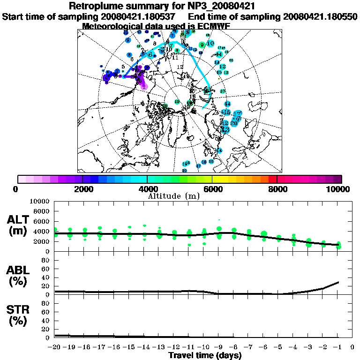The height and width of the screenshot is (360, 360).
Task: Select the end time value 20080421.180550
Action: pos(321,16)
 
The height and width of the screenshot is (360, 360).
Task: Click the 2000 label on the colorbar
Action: pos(82,189)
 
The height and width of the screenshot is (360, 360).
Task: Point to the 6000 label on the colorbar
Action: pos(212,189)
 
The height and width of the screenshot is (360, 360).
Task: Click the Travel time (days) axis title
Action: pos(205,355)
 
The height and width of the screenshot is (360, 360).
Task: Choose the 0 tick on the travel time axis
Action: pos(352,347)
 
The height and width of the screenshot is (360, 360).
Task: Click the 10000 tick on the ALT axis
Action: pos(40,201)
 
